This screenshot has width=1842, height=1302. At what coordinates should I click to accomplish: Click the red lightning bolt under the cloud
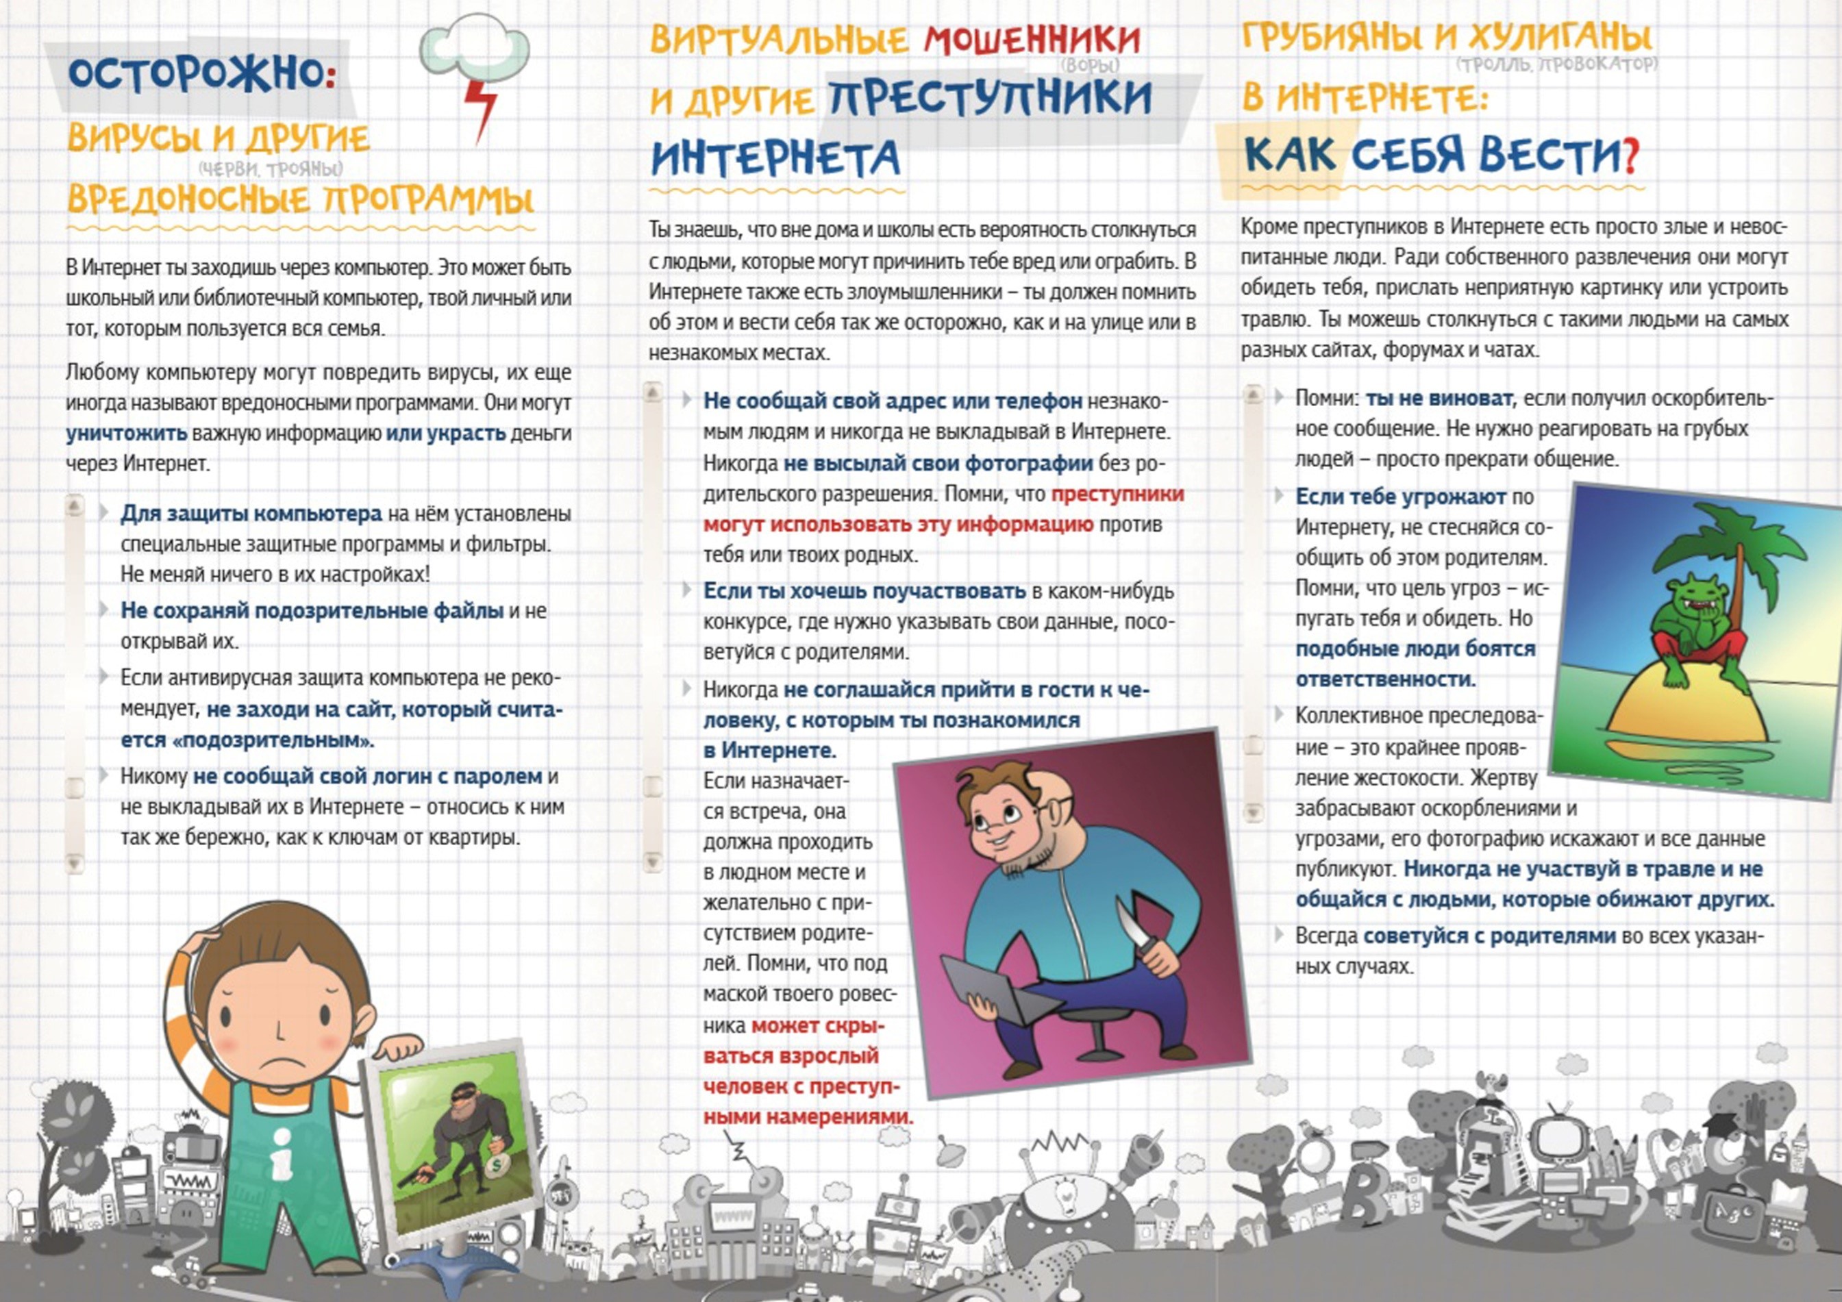[481, 108]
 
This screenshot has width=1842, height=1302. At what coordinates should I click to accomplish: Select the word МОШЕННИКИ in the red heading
[1032, 40]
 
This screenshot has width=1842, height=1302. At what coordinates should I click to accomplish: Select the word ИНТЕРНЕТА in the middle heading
[775, 158]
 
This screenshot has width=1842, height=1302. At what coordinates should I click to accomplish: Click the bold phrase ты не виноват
[1439, 399]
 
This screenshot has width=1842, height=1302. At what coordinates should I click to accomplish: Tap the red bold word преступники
[1117, 494]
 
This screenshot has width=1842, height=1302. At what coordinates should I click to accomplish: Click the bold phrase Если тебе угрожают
[1400, 497]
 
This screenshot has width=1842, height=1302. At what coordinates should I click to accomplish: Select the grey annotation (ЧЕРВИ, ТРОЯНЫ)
[271, 169]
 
